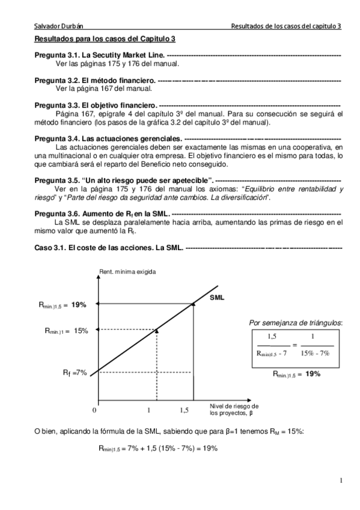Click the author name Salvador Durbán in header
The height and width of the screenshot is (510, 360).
click(59, 26)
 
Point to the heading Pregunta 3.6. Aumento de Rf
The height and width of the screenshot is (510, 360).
click(102, 214)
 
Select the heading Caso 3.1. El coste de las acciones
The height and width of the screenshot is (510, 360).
click(108, 247)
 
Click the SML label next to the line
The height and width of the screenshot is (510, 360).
click(217, 296)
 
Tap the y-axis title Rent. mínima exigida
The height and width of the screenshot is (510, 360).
click(127, 272)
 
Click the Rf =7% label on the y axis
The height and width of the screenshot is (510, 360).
click(75, 372)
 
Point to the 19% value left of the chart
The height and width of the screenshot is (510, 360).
click(79, 305)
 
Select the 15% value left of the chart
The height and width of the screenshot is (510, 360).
click(81, 330)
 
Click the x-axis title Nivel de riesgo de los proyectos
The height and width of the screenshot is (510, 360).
click(234, 409)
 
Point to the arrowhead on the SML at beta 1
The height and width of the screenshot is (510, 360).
click(156, 330)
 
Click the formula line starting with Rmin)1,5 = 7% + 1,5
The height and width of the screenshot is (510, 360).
click(157, 448)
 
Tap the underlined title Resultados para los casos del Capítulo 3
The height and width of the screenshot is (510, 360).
click(104, 39)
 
